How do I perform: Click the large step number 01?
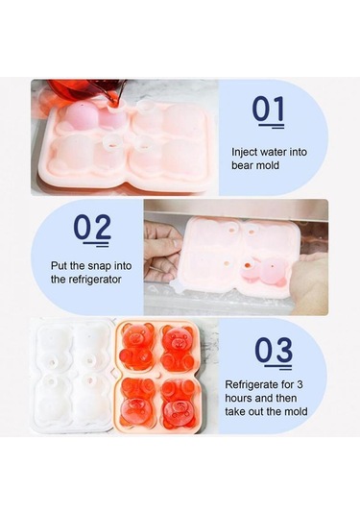coord(268,109)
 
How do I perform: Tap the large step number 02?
coord(92,227)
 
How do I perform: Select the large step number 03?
coord(274,350)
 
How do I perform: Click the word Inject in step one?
coord(244,153)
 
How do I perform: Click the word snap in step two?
coord(98,266)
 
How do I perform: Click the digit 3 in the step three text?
coord(300,384)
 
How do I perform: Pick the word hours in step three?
coord(237,398)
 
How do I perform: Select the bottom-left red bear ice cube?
coord(137,404)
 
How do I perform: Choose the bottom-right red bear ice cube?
coord(179,404)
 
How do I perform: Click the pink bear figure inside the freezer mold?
coord(264,271)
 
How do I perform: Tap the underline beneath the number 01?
coord(271,126)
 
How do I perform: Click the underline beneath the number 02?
coord(96,244)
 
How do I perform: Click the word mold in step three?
coord(295,411)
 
